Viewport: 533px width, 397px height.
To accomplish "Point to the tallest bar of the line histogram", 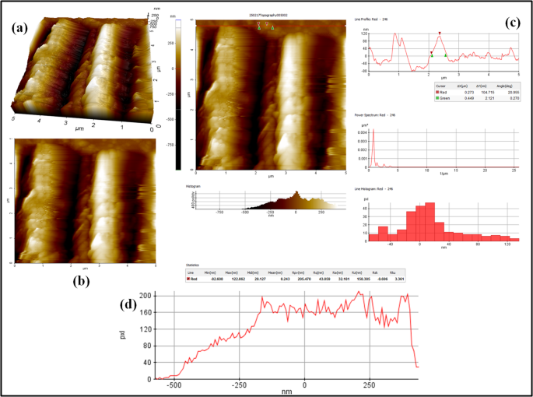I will tap(429, 205).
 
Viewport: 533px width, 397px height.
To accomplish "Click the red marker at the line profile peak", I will tap(440, 33).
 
